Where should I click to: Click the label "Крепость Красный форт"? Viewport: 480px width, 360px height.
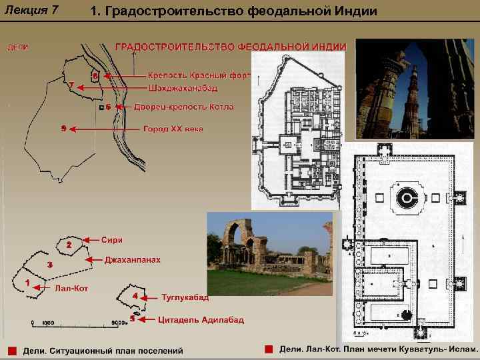[x=198, y=75]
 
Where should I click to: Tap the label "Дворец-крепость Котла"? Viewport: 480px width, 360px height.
[x=183, y=107]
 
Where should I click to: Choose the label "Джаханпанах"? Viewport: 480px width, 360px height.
[x=133, y=259]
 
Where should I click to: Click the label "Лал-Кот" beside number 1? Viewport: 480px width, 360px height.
[x=71, y=288]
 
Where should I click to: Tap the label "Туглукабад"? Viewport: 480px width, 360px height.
[x=185, y=297]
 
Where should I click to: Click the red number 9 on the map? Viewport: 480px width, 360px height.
[x=63, y=127]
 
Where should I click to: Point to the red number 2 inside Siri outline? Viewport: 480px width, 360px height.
[x=69, y=245]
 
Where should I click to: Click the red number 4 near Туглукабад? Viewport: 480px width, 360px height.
[x=135, y=295]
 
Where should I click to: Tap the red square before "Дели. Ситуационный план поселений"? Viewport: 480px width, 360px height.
[x=11, y=350]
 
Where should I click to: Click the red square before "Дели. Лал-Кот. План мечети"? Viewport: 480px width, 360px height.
[x=268, y=349]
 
